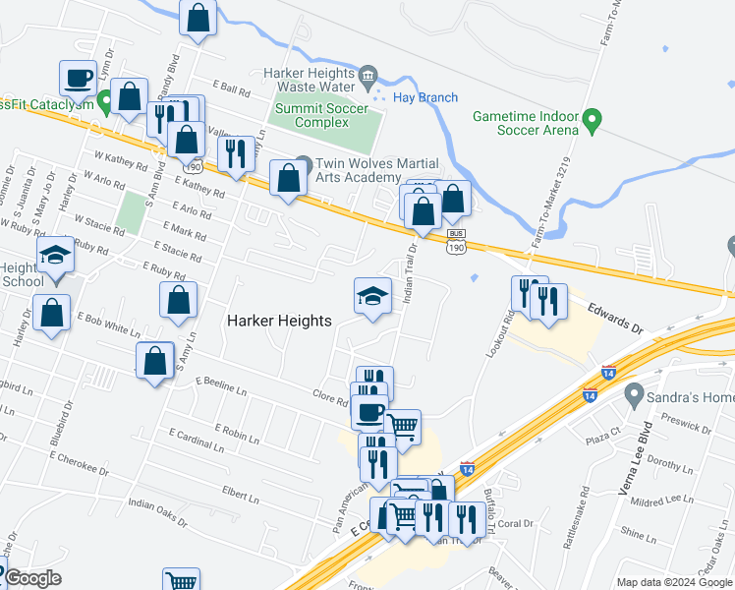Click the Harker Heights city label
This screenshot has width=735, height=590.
[x=280, y=321]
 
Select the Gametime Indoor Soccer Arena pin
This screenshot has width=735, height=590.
[x=592, y=123]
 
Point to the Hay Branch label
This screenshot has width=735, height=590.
[x=424, y=97]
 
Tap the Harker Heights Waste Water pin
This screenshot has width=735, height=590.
[x=367, y=74]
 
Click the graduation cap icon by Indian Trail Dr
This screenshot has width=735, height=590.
[x=372, y=296]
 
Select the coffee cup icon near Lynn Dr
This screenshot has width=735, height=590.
[x=78, y=78]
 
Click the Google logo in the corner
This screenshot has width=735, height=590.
[x=31, y=578]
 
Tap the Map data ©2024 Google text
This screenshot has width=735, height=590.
[x=674, y=582]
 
